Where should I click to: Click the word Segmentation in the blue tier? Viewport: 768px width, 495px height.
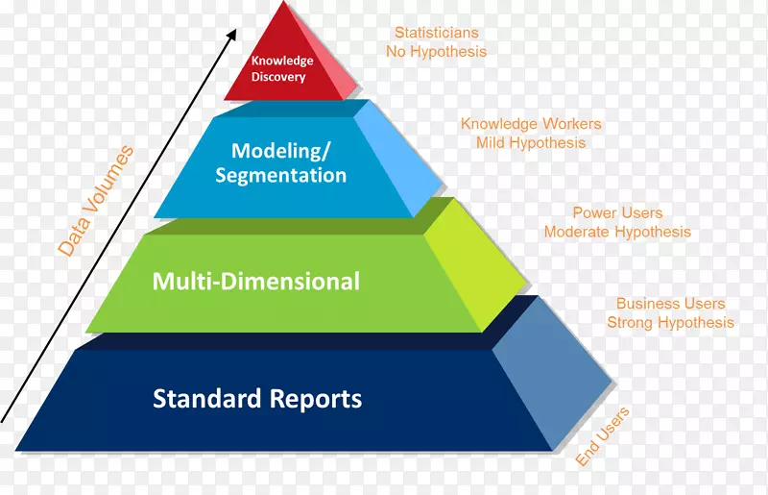[280, 175]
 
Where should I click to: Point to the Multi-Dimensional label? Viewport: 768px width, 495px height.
[256, 281]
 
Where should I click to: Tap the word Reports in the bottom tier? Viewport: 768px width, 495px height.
[315, 398]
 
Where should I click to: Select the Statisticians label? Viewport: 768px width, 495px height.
[437, 33]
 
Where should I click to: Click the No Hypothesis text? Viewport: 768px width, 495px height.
[437, 51]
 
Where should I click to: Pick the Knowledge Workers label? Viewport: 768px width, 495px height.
[531, 124]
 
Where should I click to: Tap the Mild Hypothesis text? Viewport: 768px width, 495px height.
[531, 142]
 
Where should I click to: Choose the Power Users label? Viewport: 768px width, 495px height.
[617, 212]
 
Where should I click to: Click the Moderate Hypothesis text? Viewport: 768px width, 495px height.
[617, 232]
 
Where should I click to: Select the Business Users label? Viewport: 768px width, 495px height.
[671, 304]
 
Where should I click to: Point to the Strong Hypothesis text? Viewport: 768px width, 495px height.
[671, 323]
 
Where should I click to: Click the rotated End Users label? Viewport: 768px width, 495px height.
[603, 437]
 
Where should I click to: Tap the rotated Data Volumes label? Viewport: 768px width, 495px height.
[95, 200]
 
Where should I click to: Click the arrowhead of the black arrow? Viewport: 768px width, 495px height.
[232, 35]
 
